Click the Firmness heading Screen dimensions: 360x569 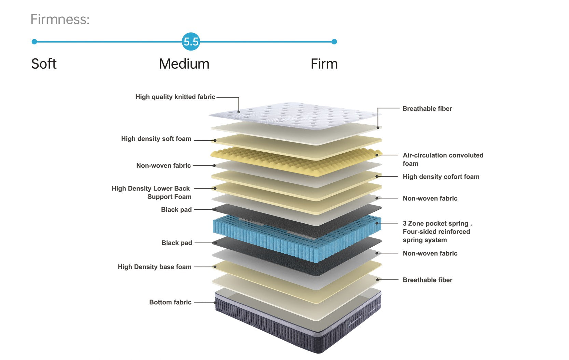coord(60,19)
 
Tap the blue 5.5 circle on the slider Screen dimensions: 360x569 coord(191,42)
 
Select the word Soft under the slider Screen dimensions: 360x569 coord(44,64)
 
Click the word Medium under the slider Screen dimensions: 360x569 coord(184,64)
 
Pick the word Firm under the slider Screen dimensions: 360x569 coord(324,64)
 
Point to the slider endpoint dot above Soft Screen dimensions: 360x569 coord(34,42)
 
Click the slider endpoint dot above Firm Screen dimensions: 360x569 coord(334,42)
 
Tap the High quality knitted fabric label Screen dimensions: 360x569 coord(175,97)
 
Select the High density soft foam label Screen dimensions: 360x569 coord(156,139)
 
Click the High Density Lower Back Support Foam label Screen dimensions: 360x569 coord(151,193)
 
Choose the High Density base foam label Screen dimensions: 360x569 coord(154,267)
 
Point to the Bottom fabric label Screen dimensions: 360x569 coord(170,302)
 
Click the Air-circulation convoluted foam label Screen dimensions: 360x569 coord(443,159)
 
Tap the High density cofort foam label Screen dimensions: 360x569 coord(441,177)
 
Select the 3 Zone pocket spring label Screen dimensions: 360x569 coord(435,223)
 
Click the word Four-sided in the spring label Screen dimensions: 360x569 coord(418,232)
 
